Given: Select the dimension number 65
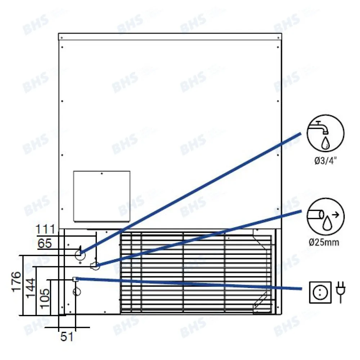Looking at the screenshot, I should [x=45, y=244].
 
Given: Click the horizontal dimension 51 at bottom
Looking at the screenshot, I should [x=67, y=337].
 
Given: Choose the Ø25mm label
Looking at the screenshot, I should [x=323, y=242].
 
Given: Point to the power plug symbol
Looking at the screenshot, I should [x=339, y=292].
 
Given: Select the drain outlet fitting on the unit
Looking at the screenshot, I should [x=95, y=266].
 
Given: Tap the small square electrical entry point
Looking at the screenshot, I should [x=75, y=279].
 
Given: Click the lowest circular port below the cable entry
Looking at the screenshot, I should [x=77, y=291].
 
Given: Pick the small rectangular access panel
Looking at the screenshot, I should [x=102, y=196].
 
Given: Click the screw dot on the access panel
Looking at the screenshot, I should [x=102, y=174].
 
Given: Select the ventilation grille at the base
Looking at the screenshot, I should [x=196, y=272].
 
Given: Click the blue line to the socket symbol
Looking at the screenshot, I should [x=187, y=284].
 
